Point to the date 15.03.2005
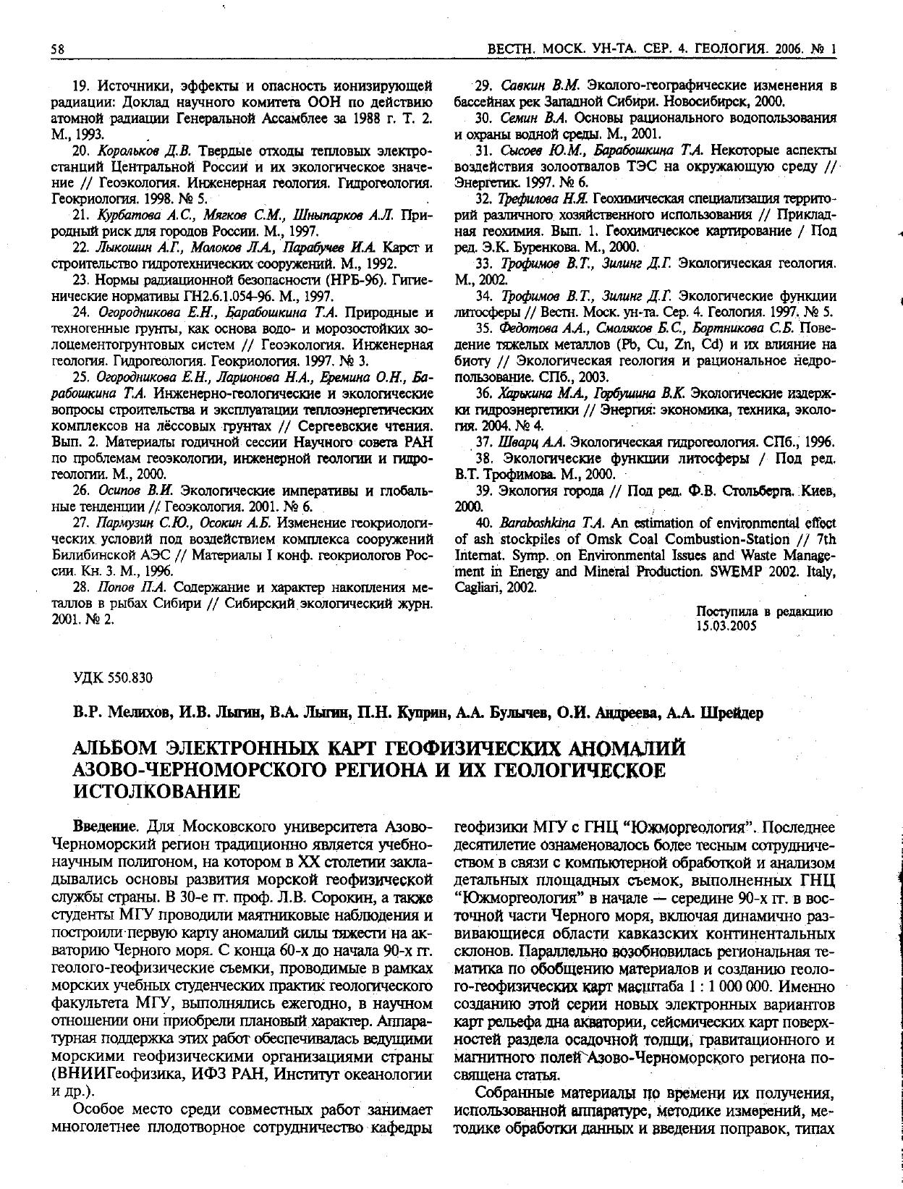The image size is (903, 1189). click(726, 626)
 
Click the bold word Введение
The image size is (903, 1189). click(106, 826)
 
